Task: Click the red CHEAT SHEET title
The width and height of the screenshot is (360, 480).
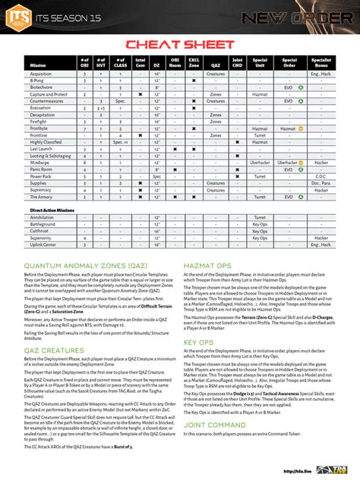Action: click(x=179, y=45)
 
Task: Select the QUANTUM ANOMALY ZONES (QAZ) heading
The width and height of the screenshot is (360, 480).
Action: click(x=85, y=266)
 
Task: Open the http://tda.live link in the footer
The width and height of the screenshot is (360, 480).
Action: click(x=298, y=470)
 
